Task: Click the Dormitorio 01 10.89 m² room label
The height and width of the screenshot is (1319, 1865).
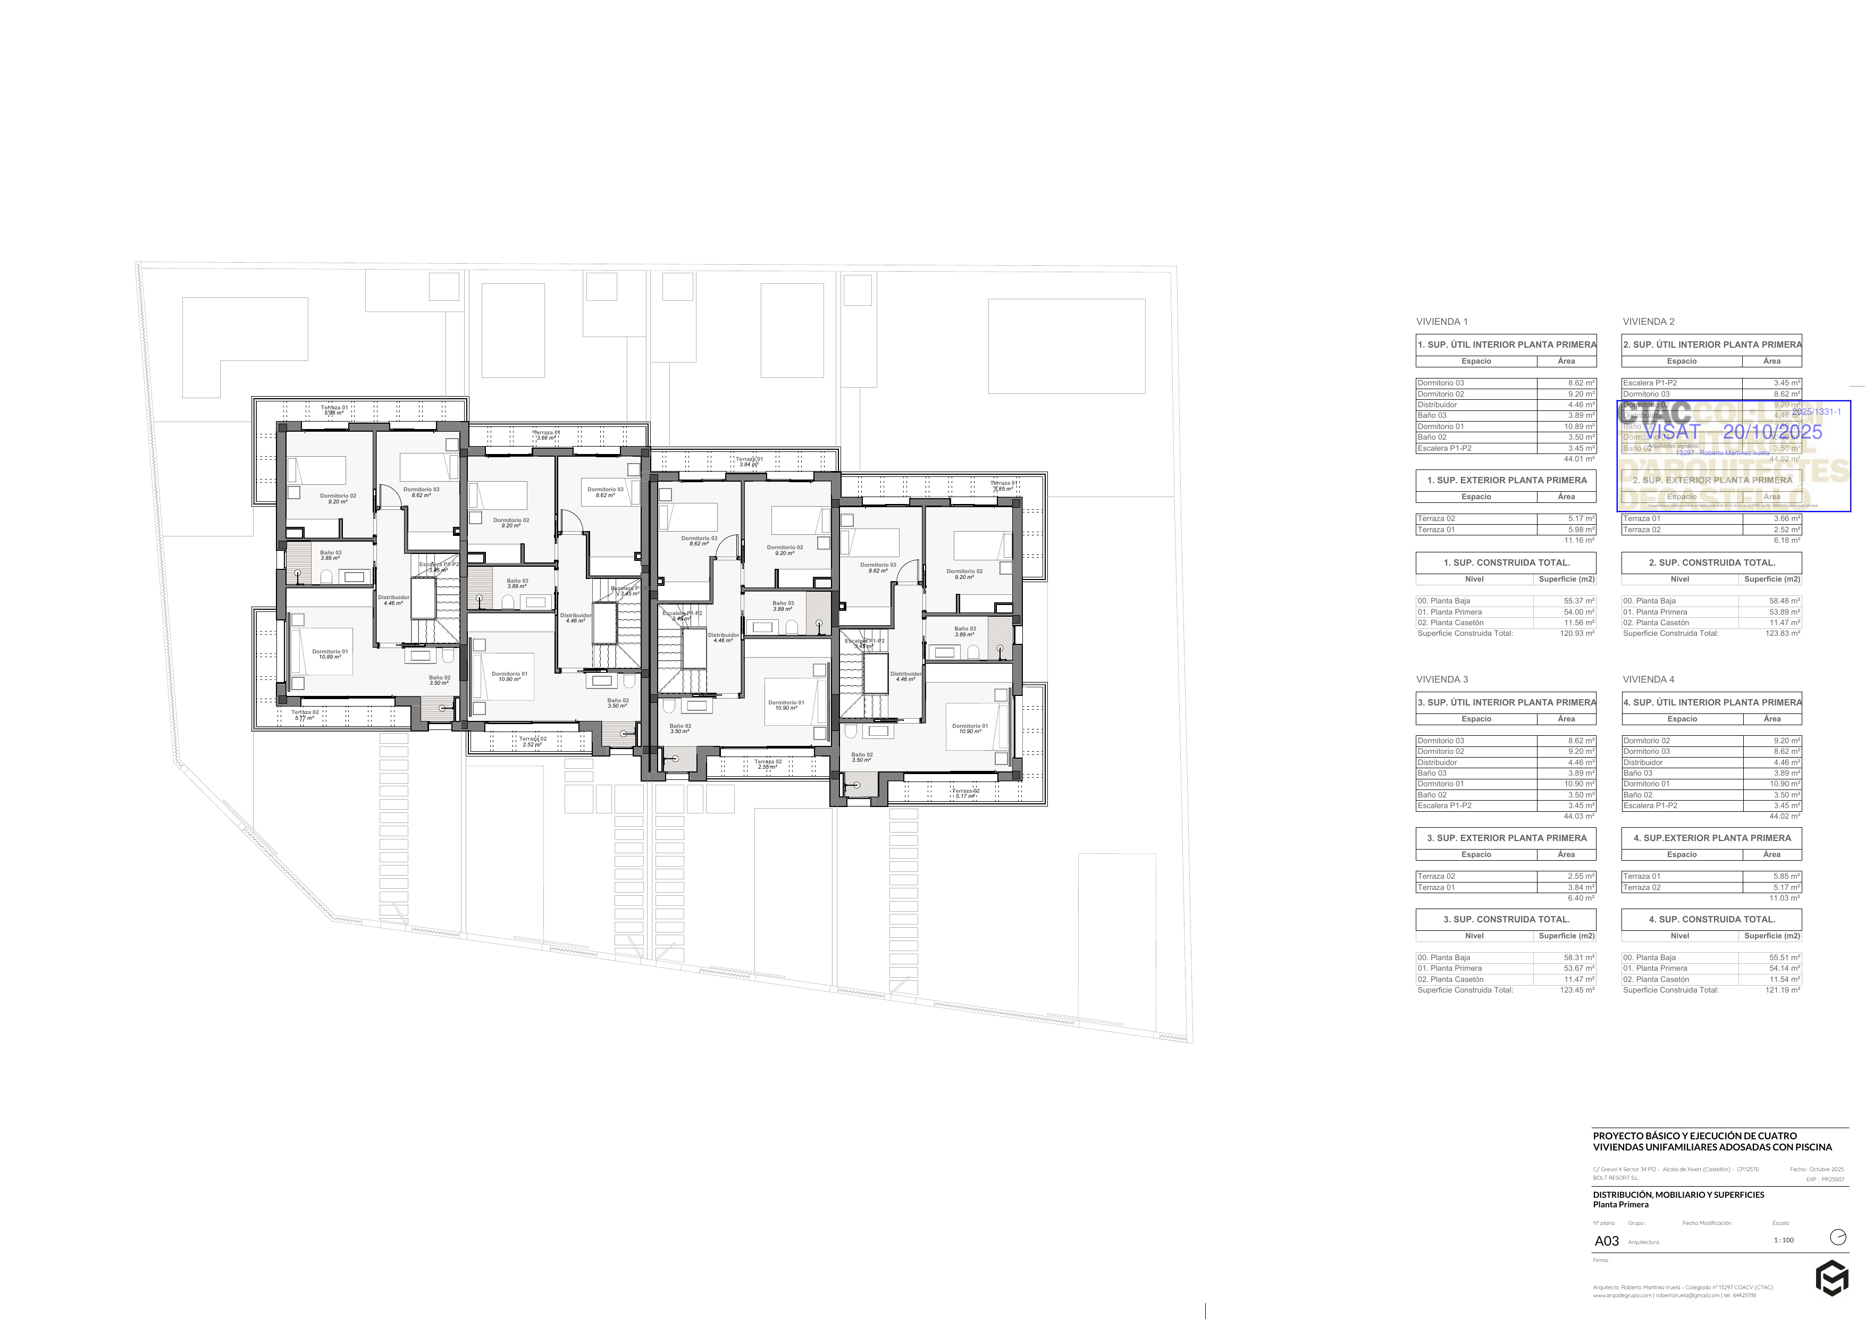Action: (330, 654)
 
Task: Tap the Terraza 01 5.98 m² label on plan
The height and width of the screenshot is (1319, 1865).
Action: (334, 410)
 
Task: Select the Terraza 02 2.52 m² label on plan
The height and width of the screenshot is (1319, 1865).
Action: (533, 742)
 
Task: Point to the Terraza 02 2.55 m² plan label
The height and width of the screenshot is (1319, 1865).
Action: (768, 764)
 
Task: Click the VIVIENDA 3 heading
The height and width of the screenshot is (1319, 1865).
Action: (1442, 679)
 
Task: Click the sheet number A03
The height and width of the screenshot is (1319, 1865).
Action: (1606, 1241)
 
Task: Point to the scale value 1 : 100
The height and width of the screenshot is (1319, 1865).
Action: (1784, 1240)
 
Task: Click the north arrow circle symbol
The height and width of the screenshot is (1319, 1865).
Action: (1837, 1237)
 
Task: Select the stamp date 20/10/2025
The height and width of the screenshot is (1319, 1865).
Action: (1772, 432)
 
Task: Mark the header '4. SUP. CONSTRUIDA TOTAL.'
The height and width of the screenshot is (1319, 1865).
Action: (1711, 919)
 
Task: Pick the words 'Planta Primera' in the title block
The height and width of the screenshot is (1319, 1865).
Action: (1620, 1205)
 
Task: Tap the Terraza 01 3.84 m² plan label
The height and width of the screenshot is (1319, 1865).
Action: (750, 461)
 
